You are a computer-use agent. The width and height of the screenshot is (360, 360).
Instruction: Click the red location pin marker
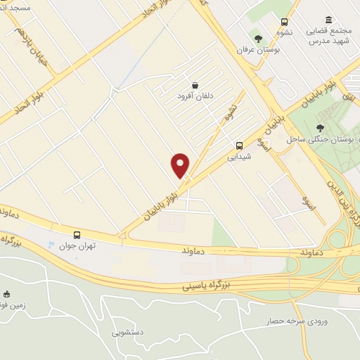[181, 165]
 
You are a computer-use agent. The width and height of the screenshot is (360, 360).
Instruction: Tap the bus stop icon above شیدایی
[240, 146]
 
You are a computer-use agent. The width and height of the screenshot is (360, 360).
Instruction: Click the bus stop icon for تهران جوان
[77, 235]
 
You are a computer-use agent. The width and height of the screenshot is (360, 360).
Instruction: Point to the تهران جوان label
[77, 246]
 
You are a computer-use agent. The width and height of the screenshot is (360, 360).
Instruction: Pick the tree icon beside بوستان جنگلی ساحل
[321, 128]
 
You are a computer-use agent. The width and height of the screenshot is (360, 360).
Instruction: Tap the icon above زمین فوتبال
[8, 294]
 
